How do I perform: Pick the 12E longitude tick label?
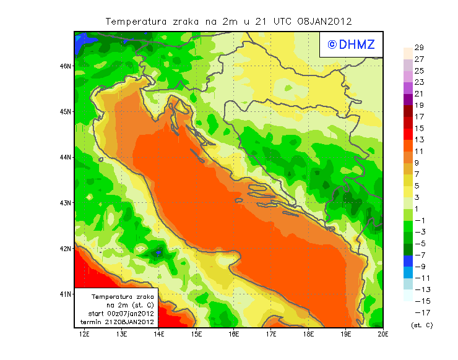(85, 334)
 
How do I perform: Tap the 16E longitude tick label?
(234, 334)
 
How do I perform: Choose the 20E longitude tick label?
(383, 334)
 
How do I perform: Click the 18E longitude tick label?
(308, 334)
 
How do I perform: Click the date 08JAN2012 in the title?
(324, 21)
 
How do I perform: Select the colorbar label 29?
(419, 48)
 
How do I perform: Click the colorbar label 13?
(419, 140)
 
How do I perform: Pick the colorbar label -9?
(419, 267)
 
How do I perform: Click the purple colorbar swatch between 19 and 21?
(407, 100)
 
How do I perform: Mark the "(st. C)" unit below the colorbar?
(421, 325)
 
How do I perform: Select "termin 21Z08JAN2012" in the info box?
(117, 322)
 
